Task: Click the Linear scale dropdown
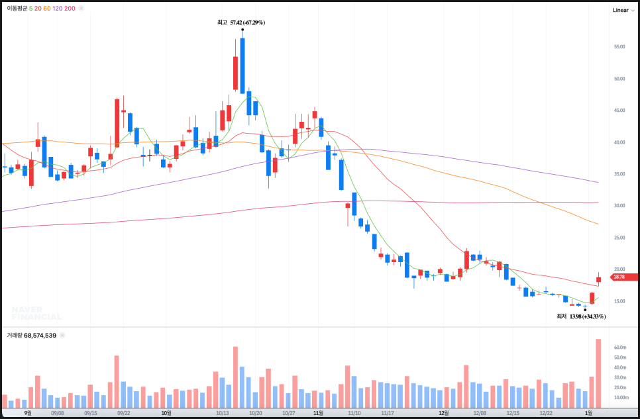coord(623,10)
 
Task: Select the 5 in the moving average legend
coord(31,9)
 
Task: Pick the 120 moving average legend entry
coord(58,9)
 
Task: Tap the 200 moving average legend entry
coord(70,9)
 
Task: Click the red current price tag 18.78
coord(619,277)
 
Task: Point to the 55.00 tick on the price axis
coord(619,47)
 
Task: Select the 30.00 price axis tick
coord(619,206)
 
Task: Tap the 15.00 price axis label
coord(619,301)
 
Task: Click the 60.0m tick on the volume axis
coord(620,347)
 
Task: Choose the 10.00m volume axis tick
coord(620,397)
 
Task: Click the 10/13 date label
coord(223,413)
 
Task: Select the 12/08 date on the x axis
coord(480,413)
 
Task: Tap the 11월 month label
coord(318,413)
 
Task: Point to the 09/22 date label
coord(123,413)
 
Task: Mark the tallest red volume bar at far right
coord(598,373)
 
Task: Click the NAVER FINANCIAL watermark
coord(36,313)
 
